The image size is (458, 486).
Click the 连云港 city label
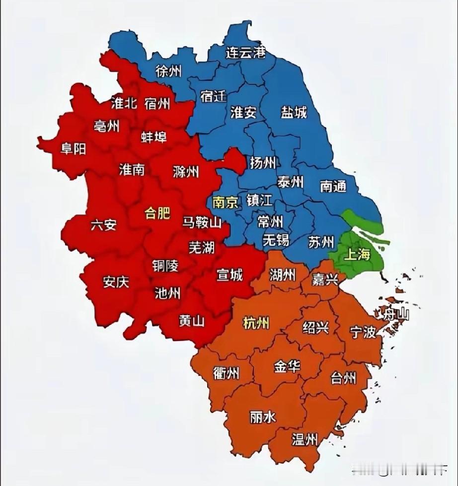(245, 52)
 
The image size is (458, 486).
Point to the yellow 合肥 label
(157, 213)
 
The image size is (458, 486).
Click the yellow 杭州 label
(256, 323)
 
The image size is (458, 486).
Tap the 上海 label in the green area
(357, 255)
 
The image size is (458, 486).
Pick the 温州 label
(305, 439)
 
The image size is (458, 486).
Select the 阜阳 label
(74, 149)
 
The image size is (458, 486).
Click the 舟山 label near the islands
(393, 313)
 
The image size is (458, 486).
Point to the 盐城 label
(294, 112)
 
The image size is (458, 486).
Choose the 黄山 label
(192, 321)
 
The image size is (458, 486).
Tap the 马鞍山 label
(202, 222)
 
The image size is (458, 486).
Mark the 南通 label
(333, 186)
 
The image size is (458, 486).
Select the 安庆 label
(116, 282)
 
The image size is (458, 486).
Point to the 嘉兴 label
(325, 279)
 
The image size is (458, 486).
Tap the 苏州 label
(321, 242)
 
